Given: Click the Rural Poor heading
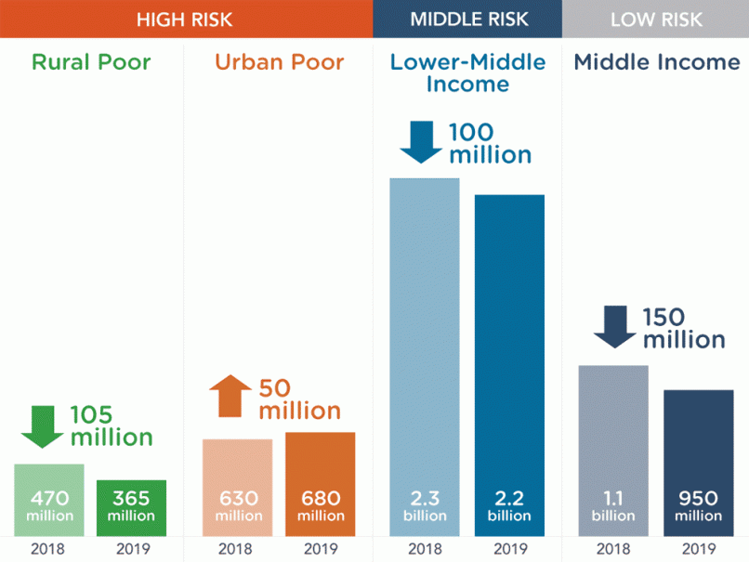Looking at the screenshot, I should (91, 62).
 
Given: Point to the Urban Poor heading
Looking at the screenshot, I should (279, 62).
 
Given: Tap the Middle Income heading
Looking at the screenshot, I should (656, 62).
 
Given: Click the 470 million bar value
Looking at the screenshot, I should (49, 505).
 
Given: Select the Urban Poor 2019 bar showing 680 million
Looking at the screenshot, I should (320, 483).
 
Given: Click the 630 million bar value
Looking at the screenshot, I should (238, 505).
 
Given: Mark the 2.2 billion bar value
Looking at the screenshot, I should (509, 505).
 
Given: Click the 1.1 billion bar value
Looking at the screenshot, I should (613, 505).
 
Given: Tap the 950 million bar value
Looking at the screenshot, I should (698, 505).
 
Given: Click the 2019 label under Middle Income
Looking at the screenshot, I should (698, 548).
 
